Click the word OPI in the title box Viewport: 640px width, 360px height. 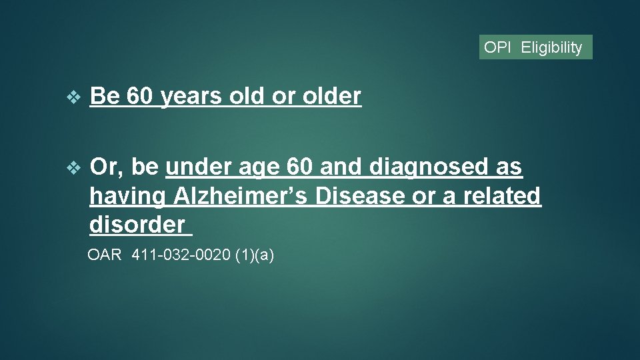tap(497, 47)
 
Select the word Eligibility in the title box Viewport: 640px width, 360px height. tap(551, 47)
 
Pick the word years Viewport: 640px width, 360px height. tap(192, 97)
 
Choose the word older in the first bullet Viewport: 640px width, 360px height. tap(332, 97)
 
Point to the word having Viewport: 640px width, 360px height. tap(127, 197)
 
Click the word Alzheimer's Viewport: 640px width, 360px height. tap(241, 196)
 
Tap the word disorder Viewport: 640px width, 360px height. tap(137, 225)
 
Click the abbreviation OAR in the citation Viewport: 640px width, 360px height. tap(105, 255)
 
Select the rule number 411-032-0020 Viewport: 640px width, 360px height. tap(181, 255)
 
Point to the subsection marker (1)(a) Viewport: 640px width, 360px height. tap(255, 255)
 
